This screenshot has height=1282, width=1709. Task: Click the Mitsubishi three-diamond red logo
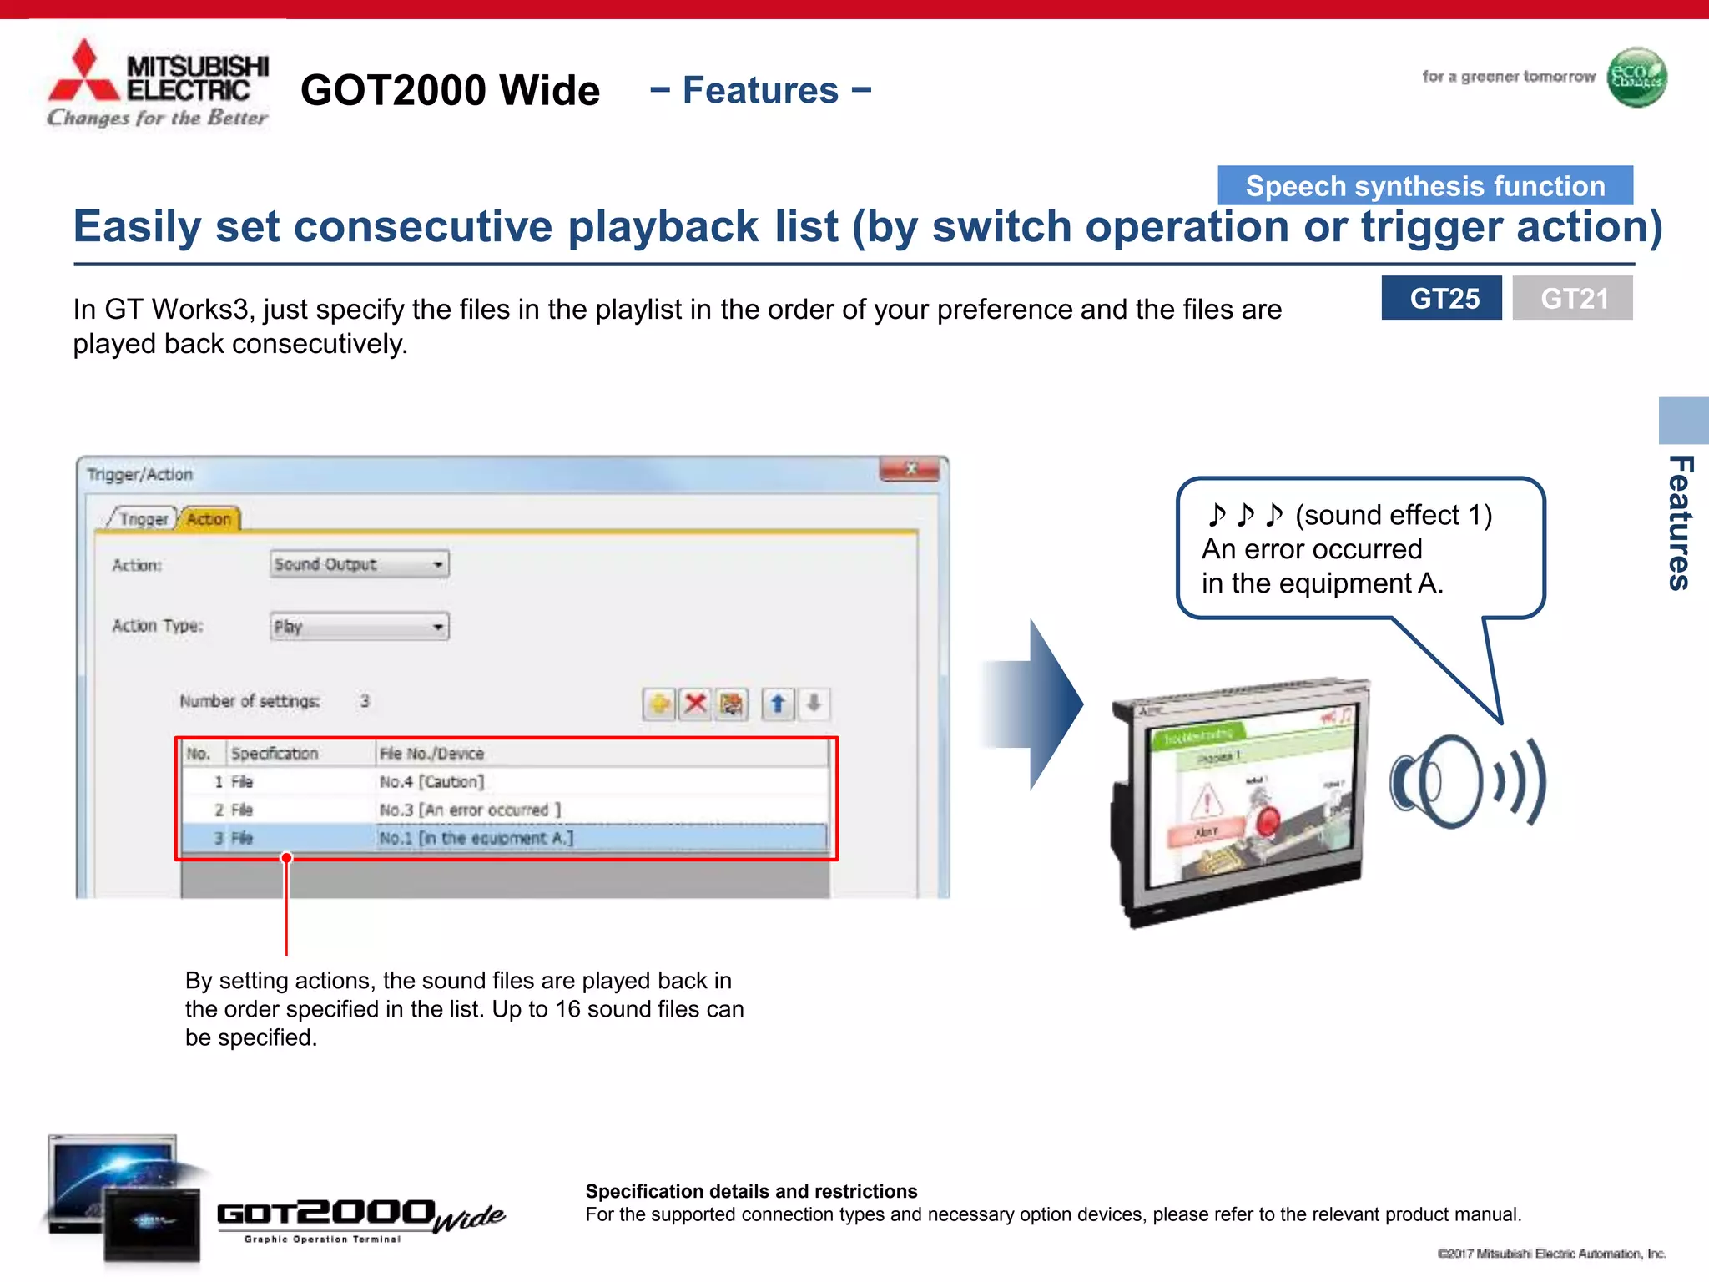[x=84, y=73]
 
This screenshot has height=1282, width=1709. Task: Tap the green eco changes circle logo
[x=1636, y=78]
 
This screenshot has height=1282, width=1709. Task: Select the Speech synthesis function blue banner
[x=1424, y=185]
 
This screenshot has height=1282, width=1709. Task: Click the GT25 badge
[x=1441, y=298]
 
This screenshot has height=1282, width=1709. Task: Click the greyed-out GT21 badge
[x=1572, y=298]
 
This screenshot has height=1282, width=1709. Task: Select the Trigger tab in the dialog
[x=143, y=519]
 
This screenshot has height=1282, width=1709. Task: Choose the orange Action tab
[x=209, y=519]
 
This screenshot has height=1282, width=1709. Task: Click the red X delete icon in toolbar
[x=695, y=704]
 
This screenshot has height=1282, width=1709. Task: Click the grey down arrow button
[x=814, y=704]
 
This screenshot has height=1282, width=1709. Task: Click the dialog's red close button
[x=910, y=469]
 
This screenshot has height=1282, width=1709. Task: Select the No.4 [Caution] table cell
[x=431, y=781]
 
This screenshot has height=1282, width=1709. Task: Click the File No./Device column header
[x=431, y=754]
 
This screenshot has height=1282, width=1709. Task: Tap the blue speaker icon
[x=1464, y=782]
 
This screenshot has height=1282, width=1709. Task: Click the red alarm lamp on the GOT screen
[x=1267, y=819]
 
